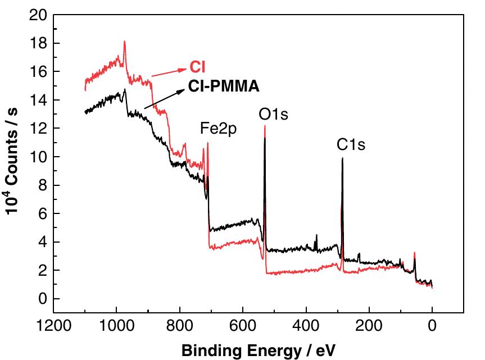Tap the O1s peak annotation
(x=274, y=115)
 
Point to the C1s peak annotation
(x=351, y=145)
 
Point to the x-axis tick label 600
(x=243, y=325)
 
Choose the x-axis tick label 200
(x=369, y=325)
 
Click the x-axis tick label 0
(x=432, y=325)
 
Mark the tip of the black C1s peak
(x=342, y=158)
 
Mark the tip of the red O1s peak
(x=265, y=126)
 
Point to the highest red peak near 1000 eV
(x=124, y=42)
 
